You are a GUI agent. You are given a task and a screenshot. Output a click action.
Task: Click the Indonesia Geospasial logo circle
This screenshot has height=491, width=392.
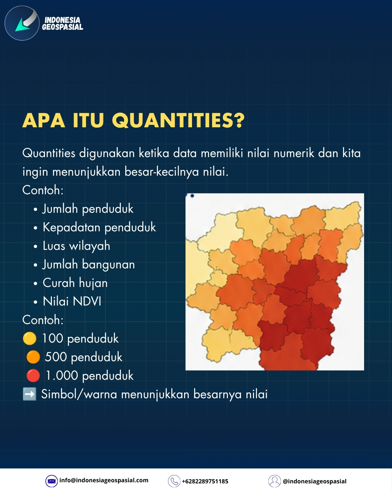pyautogui.click(x=22, y=23)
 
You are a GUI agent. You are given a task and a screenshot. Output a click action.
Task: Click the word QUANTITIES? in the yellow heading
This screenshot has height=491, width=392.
pyautogui.click(x=178, y=120)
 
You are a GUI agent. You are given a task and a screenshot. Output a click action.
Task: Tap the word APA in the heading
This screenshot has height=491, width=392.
pyautogui.click(x=44, y=120)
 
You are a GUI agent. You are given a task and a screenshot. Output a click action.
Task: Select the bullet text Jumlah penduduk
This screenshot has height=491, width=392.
pyautogui.click(x=88, y=209)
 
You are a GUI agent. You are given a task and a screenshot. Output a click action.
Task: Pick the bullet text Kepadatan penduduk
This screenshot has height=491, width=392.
pyautogui.click(x=99, y=227)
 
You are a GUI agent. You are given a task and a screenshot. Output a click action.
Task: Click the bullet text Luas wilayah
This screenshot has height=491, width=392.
pyautogui.click(x=77, y=246)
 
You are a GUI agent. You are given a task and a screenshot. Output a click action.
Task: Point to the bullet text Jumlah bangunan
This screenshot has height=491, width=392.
pyautogui.click(x=89, y=264)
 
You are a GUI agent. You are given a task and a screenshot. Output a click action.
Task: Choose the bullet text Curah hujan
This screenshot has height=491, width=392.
pyautogui.click(x=75, y=283)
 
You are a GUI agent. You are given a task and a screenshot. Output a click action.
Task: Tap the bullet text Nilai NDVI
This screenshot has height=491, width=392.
pyautogui.click(x=72, y=301)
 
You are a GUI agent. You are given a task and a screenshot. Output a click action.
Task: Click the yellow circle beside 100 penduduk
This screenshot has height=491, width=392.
pyautogui.click(x=30, y=338)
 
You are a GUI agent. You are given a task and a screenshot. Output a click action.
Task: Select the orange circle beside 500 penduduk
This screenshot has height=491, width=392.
pyautogui.click(x=33, y=357)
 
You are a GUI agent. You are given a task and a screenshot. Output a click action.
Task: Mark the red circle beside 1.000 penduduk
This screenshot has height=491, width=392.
pyautogui.click(x=33, y=375)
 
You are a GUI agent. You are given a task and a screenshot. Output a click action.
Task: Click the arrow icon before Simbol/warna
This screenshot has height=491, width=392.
pyautogui.click(x=29, y=394)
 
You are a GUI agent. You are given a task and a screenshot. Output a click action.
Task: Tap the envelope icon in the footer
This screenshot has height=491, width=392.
pyautogui.click(x=52, y=481)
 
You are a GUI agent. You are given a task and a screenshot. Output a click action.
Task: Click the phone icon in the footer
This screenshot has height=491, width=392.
pyautogui.click(x=174, y=481)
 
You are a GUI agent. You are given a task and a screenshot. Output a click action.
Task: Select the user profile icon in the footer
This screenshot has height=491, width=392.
pyautogui.click(x=274, y=481)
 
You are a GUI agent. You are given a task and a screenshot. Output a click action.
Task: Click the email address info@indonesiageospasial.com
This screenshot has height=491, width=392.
pyautogui.click(x=104, y=480)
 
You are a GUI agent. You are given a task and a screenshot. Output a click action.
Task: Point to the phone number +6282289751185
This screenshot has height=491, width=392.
pyautogui.click(x=205, y=482)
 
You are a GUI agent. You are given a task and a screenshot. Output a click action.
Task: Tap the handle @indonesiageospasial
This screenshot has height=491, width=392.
pyautogui.click(x=315, y=482)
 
